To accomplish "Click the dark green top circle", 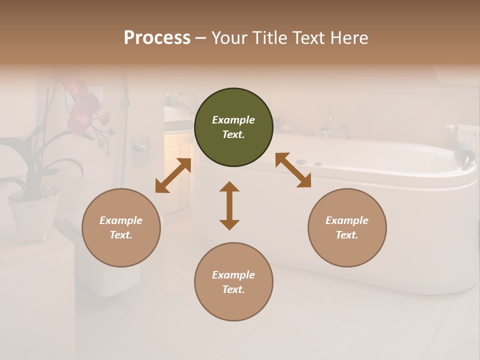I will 233,127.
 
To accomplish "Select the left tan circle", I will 121,228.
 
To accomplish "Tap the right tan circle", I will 347,228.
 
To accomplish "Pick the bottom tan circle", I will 233,282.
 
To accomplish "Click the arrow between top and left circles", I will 173,175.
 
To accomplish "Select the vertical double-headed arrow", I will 229,205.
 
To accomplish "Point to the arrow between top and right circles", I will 293,170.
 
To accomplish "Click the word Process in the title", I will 157,37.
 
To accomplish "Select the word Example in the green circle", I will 233,120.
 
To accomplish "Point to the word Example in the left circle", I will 121,220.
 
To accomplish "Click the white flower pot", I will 33,212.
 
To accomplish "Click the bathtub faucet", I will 328,120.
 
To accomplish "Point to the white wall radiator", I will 468,138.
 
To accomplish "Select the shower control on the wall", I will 140,150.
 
